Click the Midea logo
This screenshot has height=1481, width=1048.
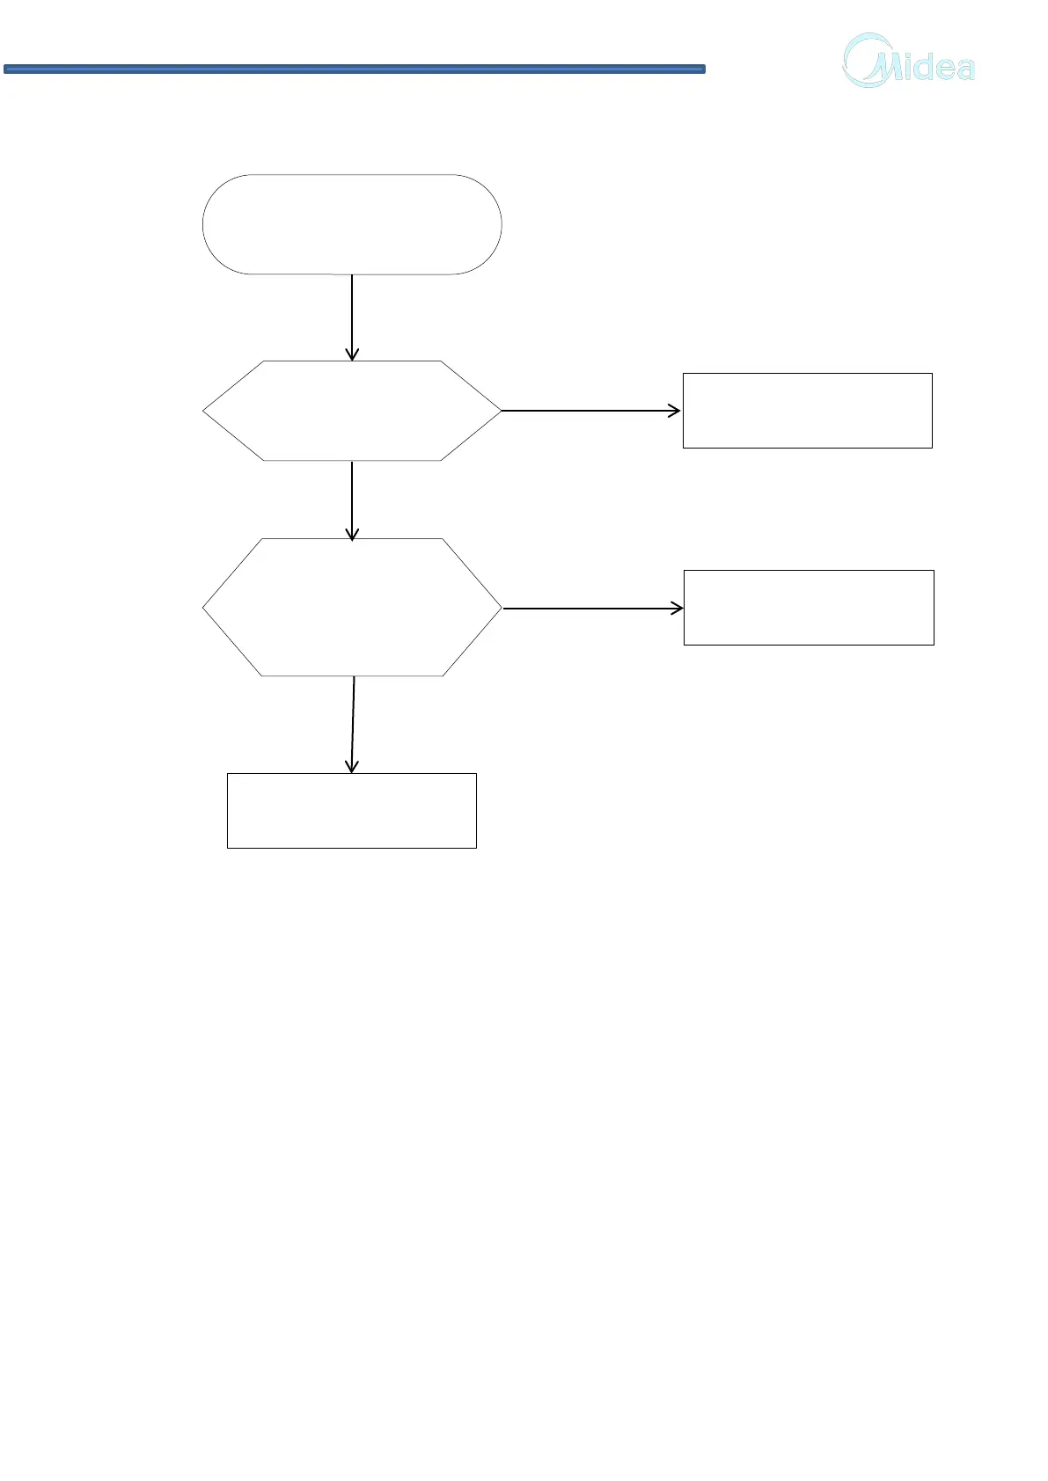coord(909,62)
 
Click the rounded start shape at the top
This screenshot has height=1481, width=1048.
coord(352,224)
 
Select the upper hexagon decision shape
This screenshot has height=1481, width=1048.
coord(352,411)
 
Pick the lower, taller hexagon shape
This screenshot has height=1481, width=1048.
coord(352,607)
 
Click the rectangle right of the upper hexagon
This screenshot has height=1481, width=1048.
coord(807,411)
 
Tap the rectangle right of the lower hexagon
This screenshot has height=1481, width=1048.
coord(809,608)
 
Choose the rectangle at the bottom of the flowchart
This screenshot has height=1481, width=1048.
coord(352,811)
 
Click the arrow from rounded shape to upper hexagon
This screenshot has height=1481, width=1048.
coord(352,317)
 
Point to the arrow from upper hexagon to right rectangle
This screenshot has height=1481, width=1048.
coord(590,411)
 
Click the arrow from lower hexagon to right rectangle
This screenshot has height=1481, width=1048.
coord(591,609)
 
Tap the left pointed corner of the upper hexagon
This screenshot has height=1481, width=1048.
coord(205,411)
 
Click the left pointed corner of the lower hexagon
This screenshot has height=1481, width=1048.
coord(205,608)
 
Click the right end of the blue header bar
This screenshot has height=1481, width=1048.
coord(702,69)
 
